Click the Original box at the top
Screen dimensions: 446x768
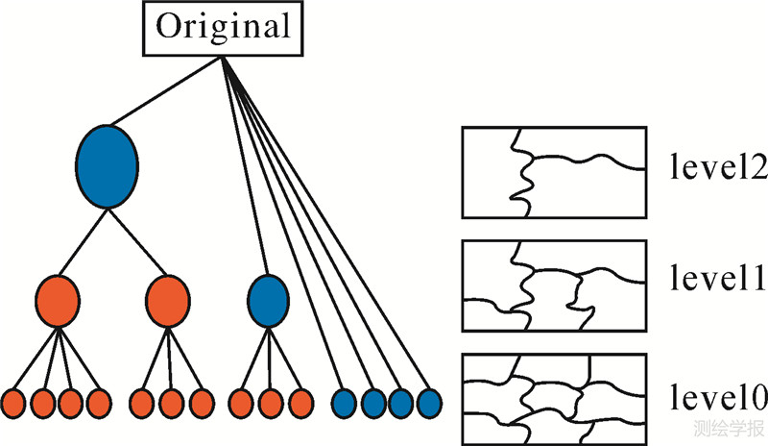pyautogui.click(x=223, y=28)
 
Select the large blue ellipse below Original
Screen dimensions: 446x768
pyautogui.click(x=106, y=164)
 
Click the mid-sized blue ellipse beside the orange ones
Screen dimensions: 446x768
pyautogui.click(x=267, y=299)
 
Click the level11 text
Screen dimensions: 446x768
pyautogui.click(x=716, y=282)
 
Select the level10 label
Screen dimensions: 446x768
pyautogui.click(x=716, y=396)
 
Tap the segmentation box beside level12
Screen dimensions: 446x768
pyautogui.click(x=554, y=172)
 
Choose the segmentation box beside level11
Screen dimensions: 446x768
pyautogui.click(x=554, y=285)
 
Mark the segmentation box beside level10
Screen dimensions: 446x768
pyautogui.click(x=554, y=397)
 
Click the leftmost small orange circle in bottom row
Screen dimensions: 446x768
pyautogui.click(x=13, y=401)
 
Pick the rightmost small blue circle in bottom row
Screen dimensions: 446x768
pyautogui.click(x=428, y=401)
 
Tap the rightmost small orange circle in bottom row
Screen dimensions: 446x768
pyautogui.click(x=300, y=401)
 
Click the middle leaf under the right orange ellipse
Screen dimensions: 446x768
pyautogui.click(x=171, y=401)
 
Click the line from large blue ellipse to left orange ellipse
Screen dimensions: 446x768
pyautogui.click(x=83, y=240)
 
